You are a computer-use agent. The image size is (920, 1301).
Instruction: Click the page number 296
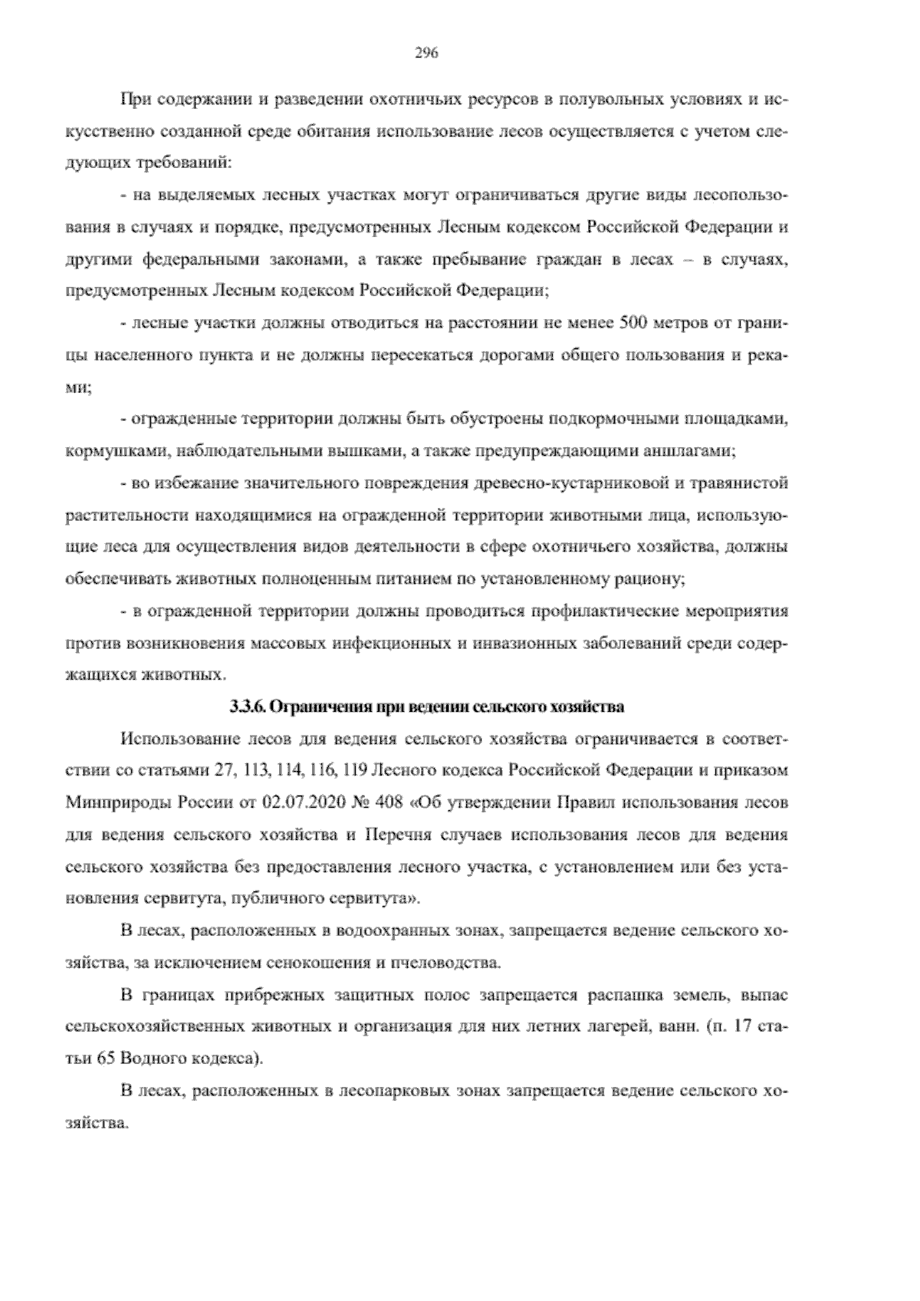click(426, 53)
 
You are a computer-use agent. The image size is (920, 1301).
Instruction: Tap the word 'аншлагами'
click(696, 452)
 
